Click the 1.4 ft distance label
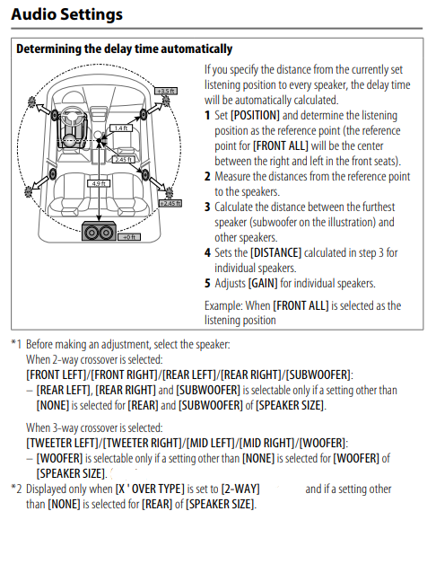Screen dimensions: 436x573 point(121,128)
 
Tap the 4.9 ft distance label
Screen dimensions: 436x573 point(99,183)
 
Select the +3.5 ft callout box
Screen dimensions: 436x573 point(166,91)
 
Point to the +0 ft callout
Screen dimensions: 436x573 point(129,237)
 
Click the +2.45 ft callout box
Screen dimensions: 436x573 point(170,203)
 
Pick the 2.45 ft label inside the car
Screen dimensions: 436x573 point(123,159)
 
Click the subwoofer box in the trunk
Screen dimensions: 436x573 point(99,231)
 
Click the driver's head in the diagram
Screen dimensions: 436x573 point(69,141)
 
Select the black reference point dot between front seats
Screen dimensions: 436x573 point(99,140)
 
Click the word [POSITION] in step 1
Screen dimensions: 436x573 point(255,116)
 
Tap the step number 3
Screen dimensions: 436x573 point(207,207)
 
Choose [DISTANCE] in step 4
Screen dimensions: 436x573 point(275,253)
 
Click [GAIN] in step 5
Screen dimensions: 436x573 point(263,284)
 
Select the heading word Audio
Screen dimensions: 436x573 point(33,13)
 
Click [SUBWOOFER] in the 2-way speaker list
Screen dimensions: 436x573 point(318,375)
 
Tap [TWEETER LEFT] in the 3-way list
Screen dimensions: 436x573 point(63,444)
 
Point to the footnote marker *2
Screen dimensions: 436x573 point(16,489)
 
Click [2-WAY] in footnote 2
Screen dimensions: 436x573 point(240,489)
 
